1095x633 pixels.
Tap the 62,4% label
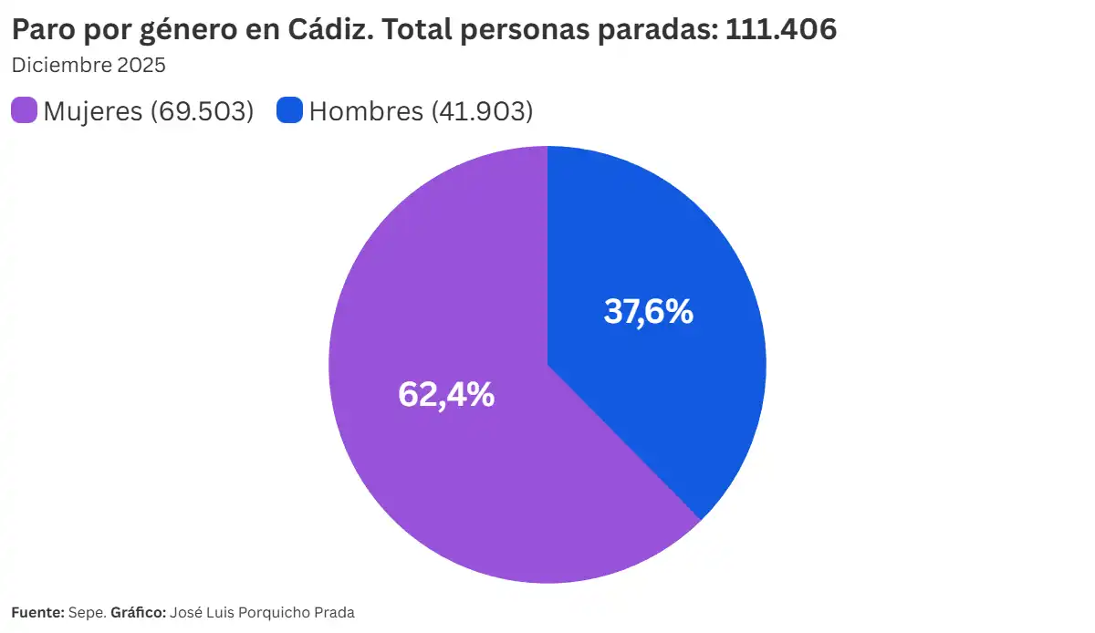pyautogui.click(x=446, y=395)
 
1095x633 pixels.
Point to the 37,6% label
pyautogui.click(x=649, y=312)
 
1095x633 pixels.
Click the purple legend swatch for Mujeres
pyautogui.click(x=24, y=111)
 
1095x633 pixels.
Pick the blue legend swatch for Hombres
pyautogui.click(x=289, y=111)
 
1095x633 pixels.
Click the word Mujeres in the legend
pyautogui.click(x=92, y=111)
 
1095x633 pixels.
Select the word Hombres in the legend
pyautogui.click(x=366, y=111)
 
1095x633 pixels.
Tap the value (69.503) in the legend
pyautogui.click(x=202, y=111)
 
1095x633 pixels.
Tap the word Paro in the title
pyautogui.click(x=42, y=30)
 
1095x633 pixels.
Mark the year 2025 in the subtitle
pyautogui.click(x=141, y=66)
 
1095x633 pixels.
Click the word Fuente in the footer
pyautogui.click(x=36, y=613)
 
